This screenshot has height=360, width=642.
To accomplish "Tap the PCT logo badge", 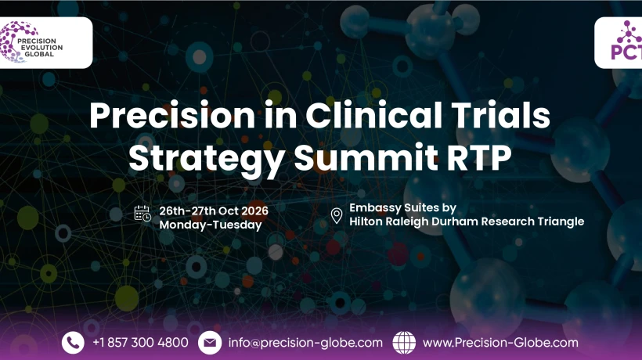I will click(x=619, y=42).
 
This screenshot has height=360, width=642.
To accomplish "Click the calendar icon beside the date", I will click(x=142, y=214).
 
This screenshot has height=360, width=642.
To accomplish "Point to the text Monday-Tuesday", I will click(x=210, y=224).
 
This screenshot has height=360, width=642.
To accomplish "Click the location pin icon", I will click(x=337, y=215).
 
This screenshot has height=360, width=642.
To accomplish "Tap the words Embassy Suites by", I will click(x=402, y=208).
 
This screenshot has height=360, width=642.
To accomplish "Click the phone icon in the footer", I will click(x=73, y=342).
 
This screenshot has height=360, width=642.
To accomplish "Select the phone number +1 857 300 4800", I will click(x=140, y=343).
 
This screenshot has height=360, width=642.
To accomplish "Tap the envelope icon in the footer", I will click(x=209, y=342).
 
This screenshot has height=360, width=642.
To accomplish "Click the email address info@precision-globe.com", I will click(x=305, y=343).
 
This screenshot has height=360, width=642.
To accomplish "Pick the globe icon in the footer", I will click(x=404, y=342).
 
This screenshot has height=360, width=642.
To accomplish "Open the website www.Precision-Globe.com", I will click(x=500, y=343).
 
